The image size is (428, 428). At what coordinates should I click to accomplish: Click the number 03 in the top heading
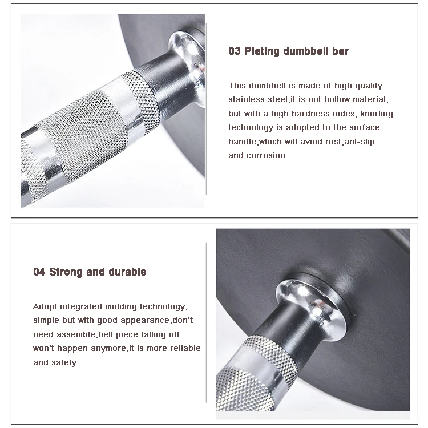[x=234, y=51]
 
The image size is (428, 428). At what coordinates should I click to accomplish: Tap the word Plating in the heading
[x=262, y=51]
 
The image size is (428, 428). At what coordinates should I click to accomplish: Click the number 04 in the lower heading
[x=39, y=272]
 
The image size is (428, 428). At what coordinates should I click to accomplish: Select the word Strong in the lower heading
[x=66, y=272]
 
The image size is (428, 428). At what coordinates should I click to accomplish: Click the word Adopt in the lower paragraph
[x=45, y=307]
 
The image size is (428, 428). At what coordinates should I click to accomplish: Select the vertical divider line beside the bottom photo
[x=206, y=320]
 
